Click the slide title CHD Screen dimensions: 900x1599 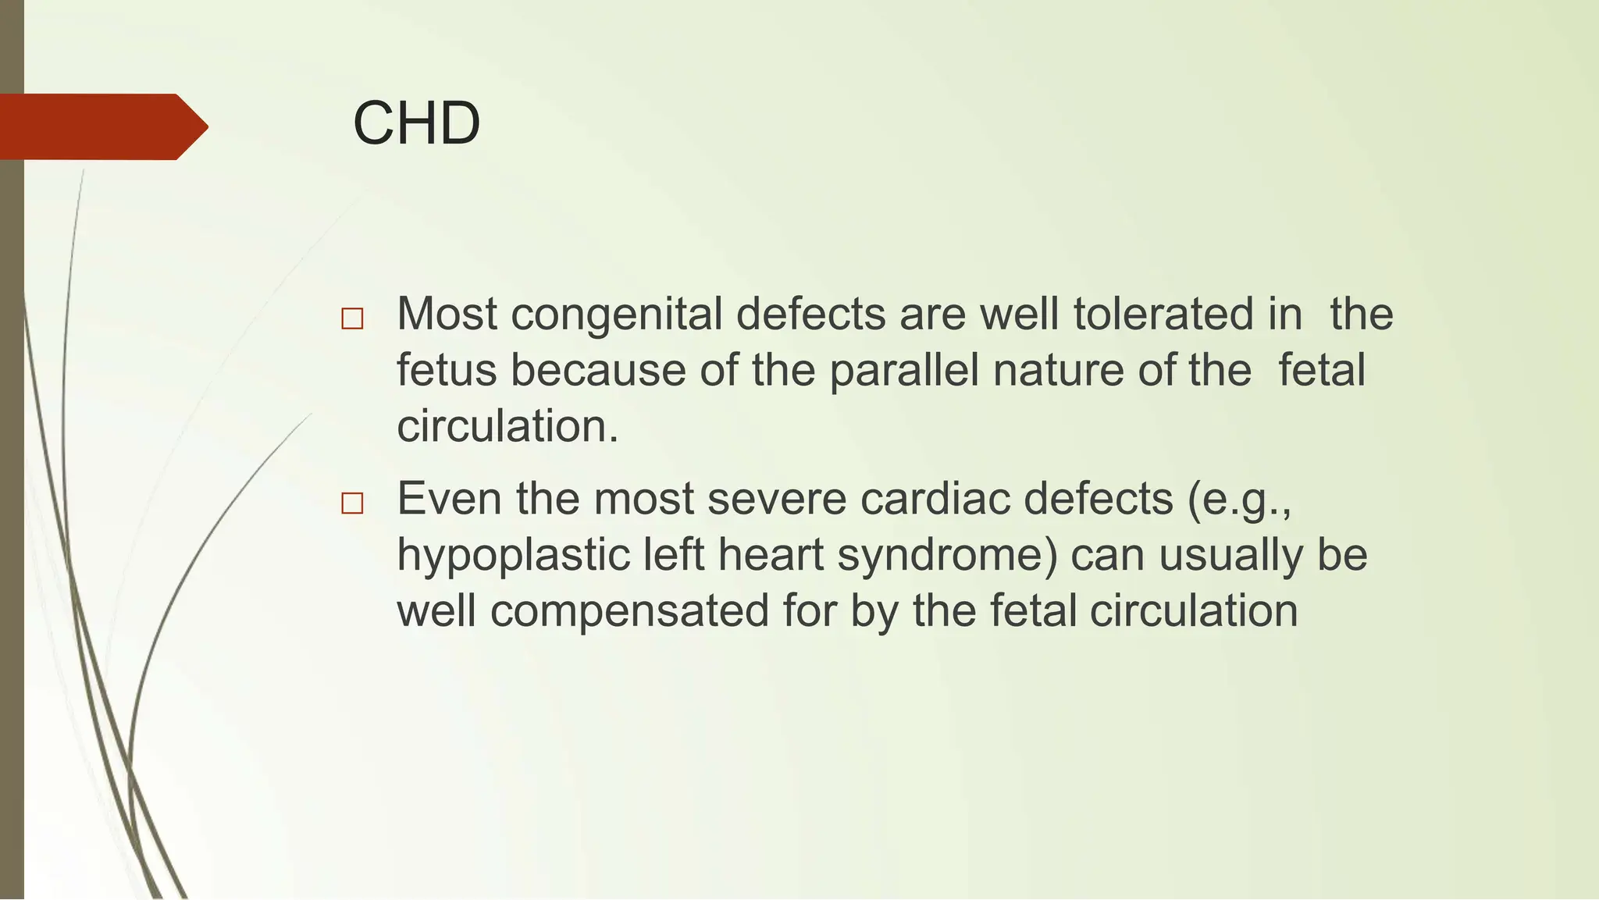(x=416, y=123)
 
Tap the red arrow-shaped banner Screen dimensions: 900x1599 (x=101, y=126)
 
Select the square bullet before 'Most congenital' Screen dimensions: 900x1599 (x=352, y=318)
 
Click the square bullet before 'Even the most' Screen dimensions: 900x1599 (x=352, y=503)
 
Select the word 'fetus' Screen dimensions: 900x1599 (x=447, y=370)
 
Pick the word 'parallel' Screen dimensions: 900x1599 (x=903, y=370)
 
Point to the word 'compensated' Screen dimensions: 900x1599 (x=630, y=611)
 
